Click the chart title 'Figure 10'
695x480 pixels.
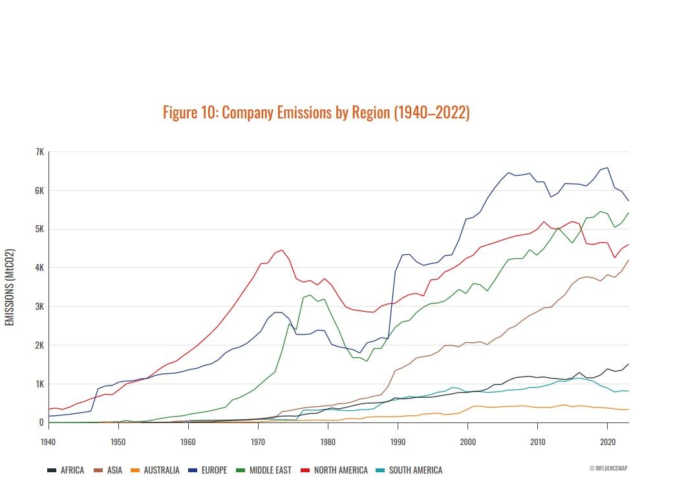coord(316,113)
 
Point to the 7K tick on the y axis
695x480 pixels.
coord(39,152)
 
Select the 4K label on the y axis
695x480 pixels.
coord(39,268)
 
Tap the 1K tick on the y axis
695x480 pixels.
coord(39,384)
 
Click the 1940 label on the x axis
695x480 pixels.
coord(48,442)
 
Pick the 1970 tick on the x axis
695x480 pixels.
coord(258,442)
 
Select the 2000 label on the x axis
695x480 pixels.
coord(467,442)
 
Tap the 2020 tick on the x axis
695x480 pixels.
coord(607,442)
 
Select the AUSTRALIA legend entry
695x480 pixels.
coord(157,470)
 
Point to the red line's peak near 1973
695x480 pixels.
coord(281,250)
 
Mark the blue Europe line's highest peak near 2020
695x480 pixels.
coord(607,168)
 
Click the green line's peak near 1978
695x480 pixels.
coord(310,295)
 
